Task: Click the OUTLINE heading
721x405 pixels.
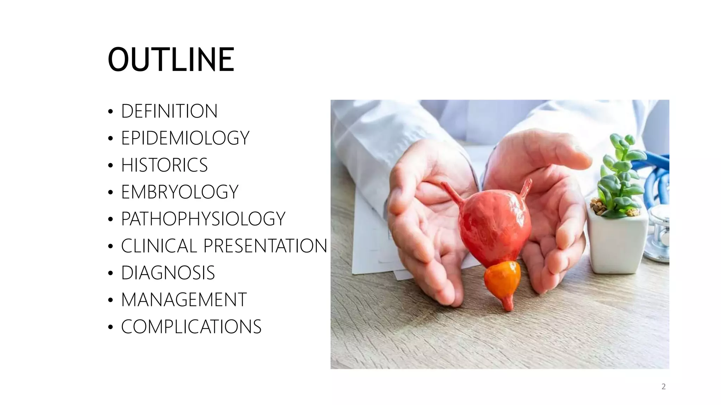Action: click(x=171, y=60)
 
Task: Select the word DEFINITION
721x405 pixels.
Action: click(x=169, y=111)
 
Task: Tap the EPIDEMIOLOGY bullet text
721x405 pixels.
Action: click(x=185, y=138)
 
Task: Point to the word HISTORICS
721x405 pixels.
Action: click(x=164, y=165)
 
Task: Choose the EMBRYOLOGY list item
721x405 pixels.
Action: click(x=180, y=192)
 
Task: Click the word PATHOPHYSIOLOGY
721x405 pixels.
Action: click(x=203, y=219)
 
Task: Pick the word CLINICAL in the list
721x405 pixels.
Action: click(x=158, y=246)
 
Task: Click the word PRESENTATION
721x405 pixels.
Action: click(x=265, y=246)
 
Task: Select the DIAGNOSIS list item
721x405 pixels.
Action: click(x=168, y=273)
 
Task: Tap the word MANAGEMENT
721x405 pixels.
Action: click(x=184, y=300)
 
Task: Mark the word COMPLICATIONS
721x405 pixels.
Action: click(x=191, y=327)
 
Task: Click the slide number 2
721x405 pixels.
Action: click(x=663, y=387)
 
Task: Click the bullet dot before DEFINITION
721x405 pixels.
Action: click(x=111, y=112)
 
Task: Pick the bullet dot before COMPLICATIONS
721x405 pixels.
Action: click(x=111, y=327)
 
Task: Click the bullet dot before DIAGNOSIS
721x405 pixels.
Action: click(x=111, y=274)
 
